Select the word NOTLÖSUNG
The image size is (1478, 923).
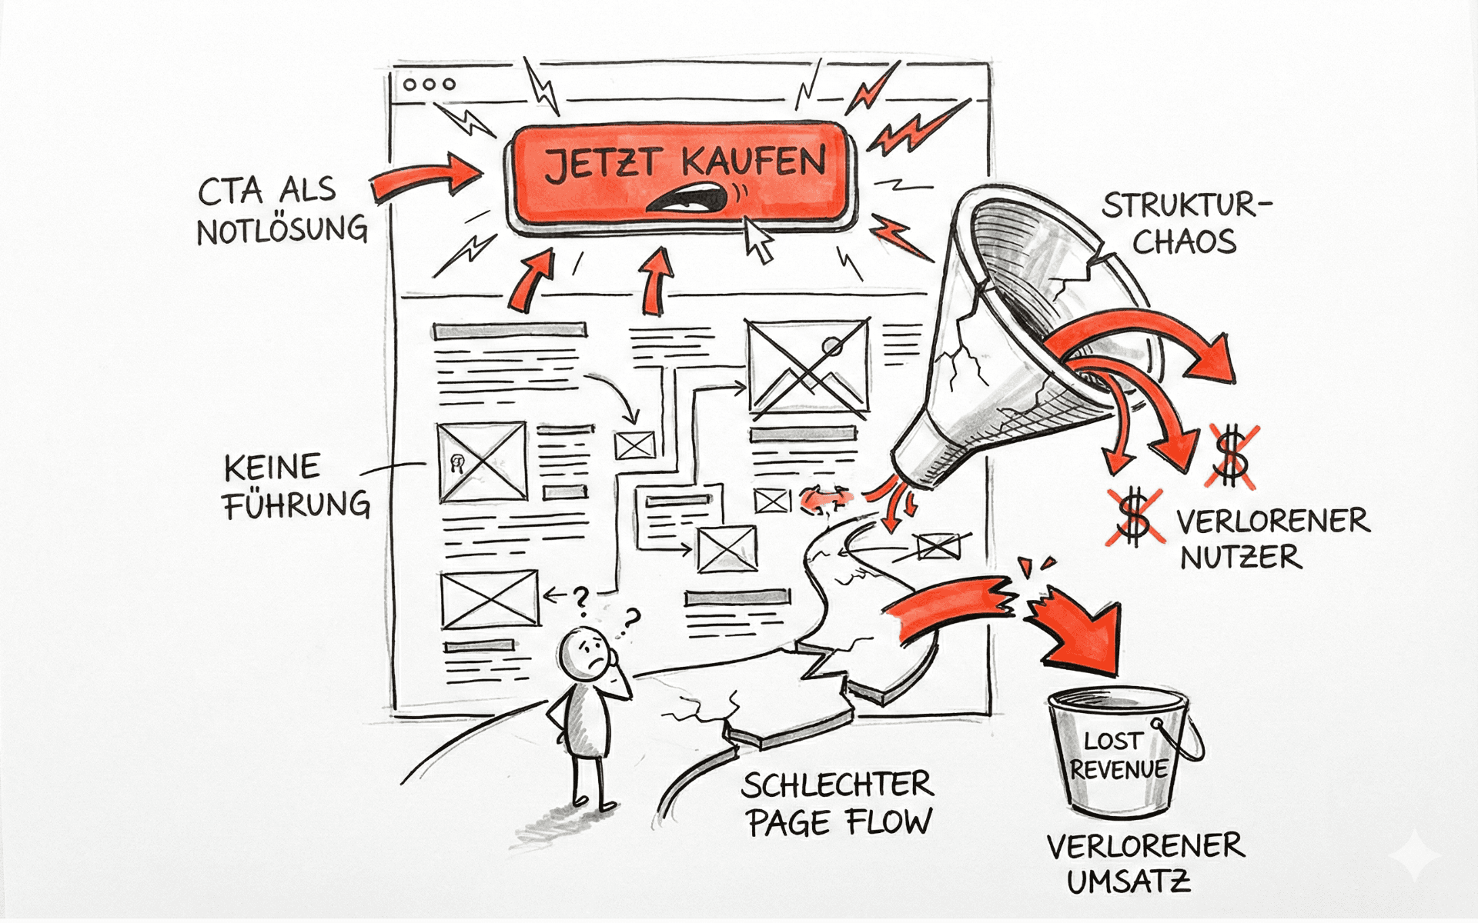(x=283, y=230)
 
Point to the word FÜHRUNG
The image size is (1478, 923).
(x=297, y=505)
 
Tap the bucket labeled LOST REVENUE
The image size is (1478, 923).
(x=1120, y=754)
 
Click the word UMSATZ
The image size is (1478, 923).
(x=1129, y=881)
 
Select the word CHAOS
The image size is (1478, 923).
(x=1184, y=242)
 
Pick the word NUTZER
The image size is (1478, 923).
(x=1241, y=557)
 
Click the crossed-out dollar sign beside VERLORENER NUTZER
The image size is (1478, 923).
(x=1134, y=517)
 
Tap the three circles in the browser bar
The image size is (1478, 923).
(x=430, y=84)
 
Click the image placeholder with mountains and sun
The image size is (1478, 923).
(x=808, y=365)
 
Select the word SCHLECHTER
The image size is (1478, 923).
(x=838, y=785)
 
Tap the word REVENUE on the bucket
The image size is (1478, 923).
(x=1119, y=770)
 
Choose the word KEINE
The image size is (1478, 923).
(x=272, y=468)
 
